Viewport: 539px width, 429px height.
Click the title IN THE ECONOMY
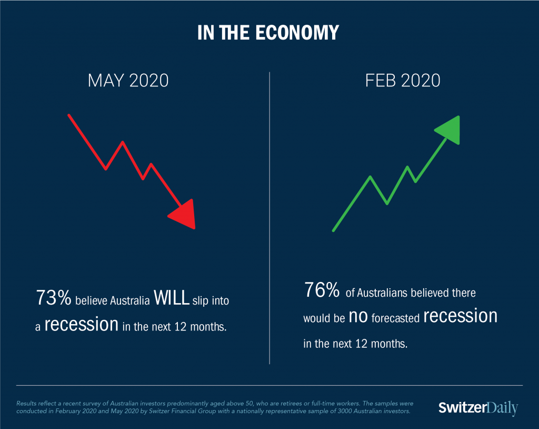pyautogui.click(x=268, y=33)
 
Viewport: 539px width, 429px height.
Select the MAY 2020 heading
pyautogui.click(x=128, y=81)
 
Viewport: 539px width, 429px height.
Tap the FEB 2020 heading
pyautogui.click(x=403, y=81)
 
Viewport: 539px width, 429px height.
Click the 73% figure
pyautogui.click(x=54, y=297)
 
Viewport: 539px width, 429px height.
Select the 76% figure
pyautogui.click(x=322, y=289)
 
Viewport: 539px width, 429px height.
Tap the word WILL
pyautogui.click(x=172, y=297)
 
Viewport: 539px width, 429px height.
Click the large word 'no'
pyautogui.click(x=358, y=317)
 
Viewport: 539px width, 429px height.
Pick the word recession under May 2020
pyautogui.click(x=82, y=324)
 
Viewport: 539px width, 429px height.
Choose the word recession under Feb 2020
pyautogui.click(x=460, y=316)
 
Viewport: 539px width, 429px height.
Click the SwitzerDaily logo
pyautogui.click(x=478, y=407)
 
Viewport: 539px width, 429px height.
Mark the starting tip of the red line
pyautogui.click(x=69, y=115)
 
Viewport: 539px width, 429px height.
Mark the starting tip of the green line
pyautogui.click(x=333, y=230)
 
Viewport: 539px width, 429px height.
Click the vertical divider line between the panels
pyautogui.click(x=269, y=218)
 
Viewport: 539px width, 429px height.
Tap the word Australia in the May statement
pyautogui.click(x=129, y=301)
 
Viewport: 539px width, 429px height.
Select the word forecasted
pyautogui.click(x=395, y=318)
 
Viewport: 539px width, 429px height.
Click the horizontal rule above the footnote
pyautogui.click(x=269, y=385)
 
